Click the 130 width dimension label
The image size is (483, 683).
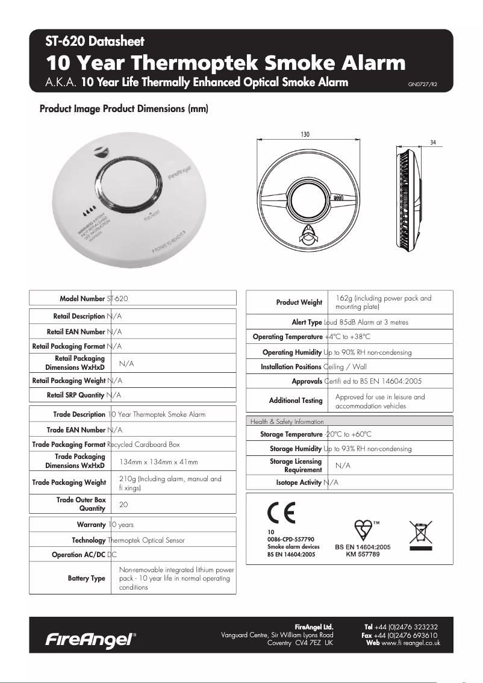(305, 134)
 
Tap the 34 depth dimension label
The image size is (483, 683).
(433, 142)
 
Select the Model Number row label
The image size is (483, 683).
(82, 299)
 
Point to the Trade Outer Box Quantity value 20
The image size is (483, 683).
(123, 504)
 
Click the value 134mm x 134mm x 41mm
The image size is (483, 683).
(158, 461)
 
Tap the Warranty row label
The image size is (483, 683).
(91, 525)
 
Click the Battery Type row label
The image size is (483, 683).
(87, 578)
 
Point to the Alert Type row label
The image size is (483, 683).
(307, 322)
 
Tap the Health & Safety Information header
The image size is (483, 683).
(287, 422)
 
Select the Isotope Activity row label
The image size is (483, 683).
(298, 482)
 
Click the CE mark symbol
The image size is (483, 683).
(281, 514)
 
